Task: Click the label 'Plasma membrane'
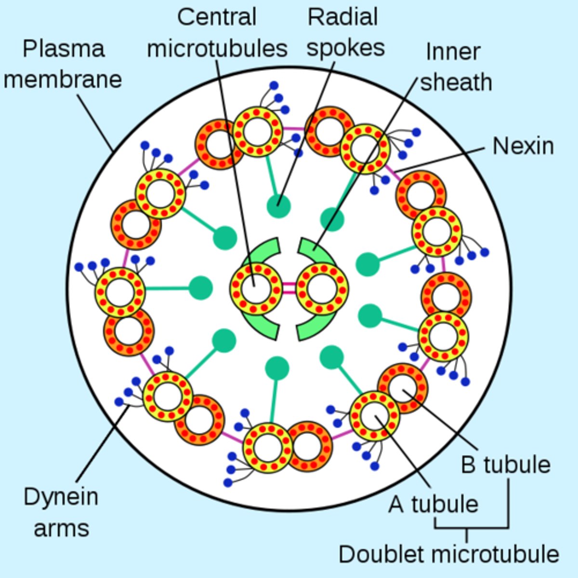(63, 64)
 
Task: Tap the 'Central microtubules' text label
(217, 33)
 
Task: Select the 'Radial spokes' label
(345, 33)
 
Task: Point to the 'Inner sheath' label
(455, 67)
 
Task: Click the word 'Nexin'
(523, 145)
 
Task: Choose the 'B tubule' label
(505, 464)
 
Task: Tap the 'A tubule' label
(433, 504)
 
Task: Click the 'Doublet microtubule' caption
(448, 554)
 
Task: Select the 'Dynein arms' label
(61, 512)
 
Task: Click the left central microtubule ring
(256, 289)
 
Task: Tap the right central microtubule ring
(322, 289)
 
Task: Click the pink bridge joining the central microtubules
(289, 289)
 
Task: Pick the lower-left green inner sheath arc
(263, 327)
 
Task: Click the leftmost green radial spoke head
(200, 288)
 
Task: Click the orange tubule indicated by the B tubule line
(403, 388)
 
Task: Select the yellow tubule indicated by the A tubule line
(374, 416)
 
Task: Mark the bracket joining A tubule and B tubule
(472, 528)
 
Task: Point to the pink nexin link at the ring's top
(294, 129)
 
